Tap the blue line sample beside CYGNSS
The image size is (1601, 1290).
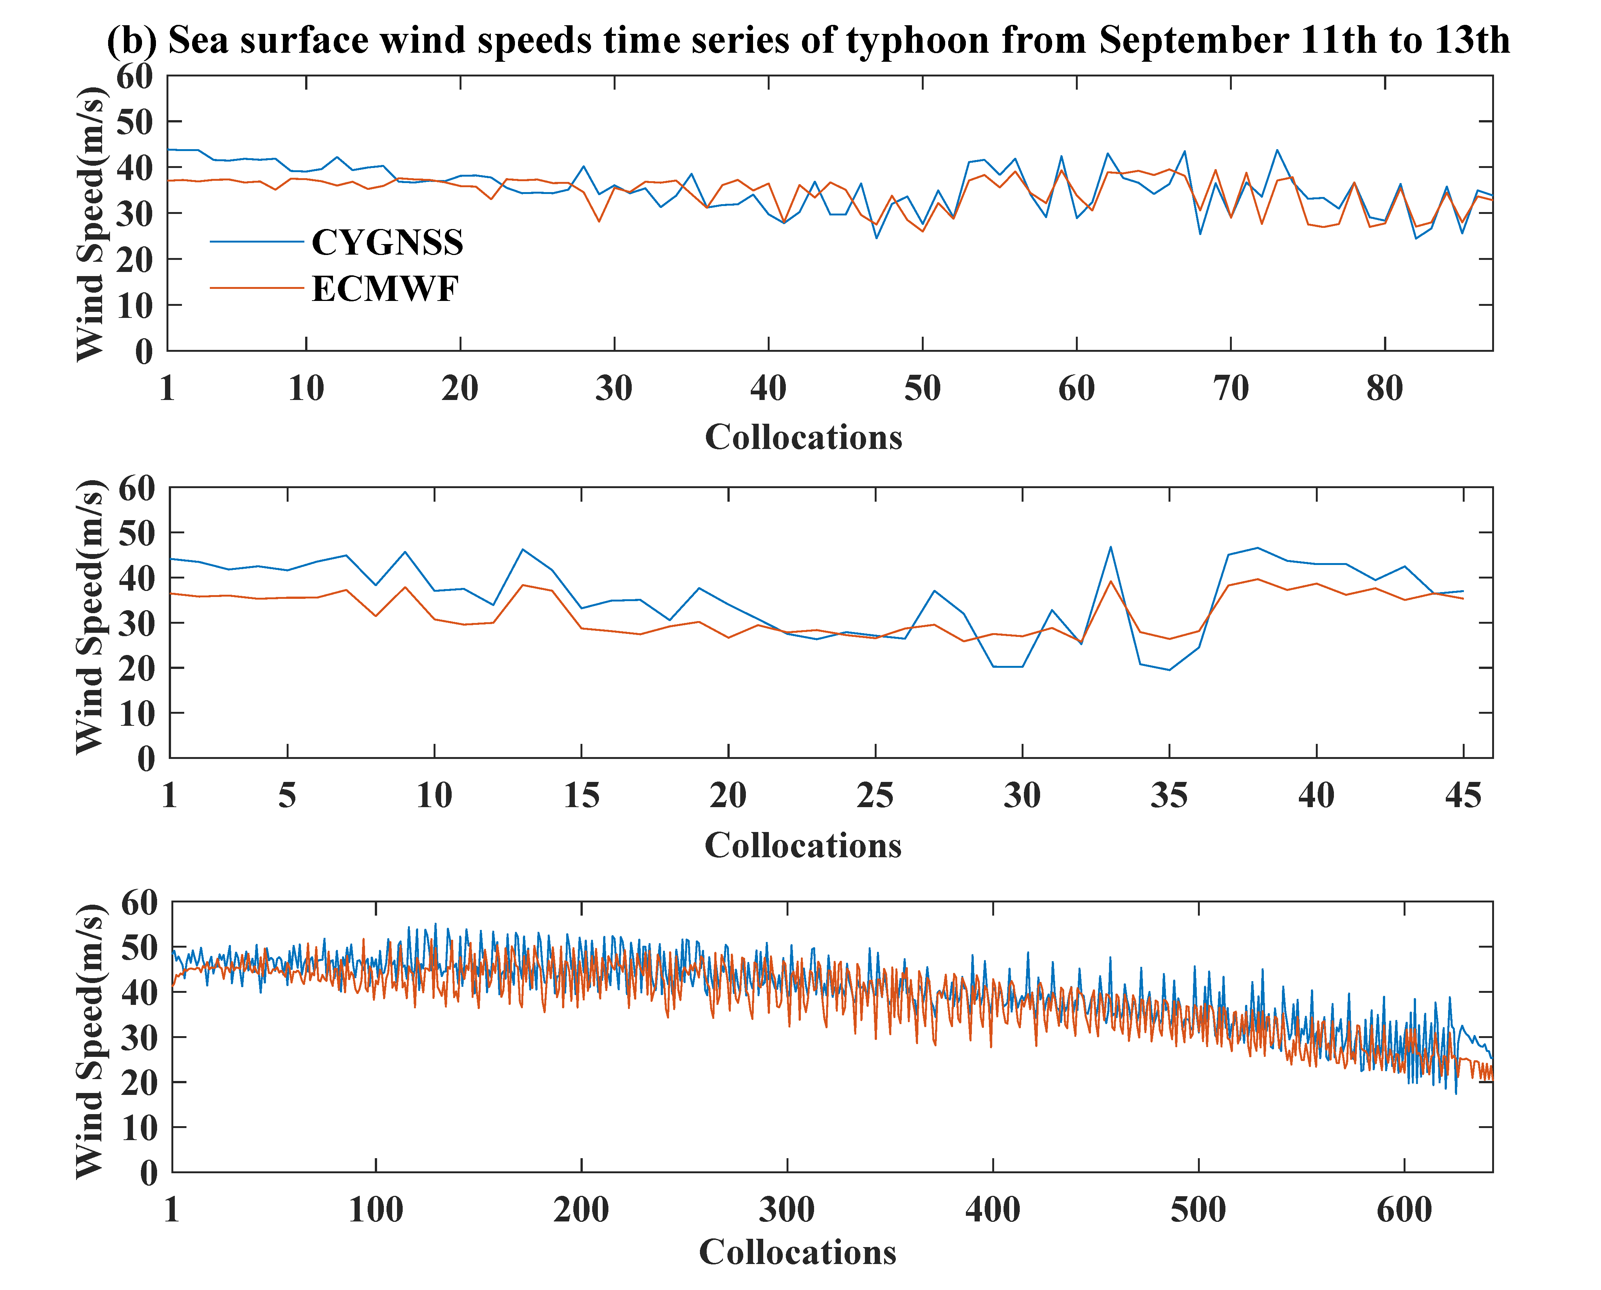(x=257, y=241)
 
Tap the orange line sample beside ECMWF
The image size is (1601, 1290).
(x=257, y=288)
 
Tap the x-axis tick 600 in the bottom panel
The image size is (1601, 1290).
(x=1404, y=1210)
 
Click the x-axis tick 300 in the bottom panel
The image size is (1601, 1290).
(x=787, y=1210)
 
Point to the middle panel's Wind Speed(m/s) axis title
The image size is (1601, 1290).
(x=91, y=617)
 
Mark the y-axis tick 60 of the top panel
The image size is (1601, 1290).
(x=134, y=76)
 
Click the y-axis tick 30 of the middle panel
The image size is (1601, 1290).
(x=136, y=623)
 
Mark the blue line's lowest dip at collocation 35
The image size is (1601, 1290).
(x=1169, y=670)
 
